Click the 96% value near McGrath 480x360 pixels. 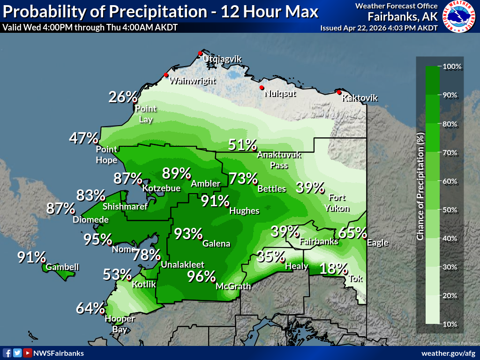[x=201, y=277]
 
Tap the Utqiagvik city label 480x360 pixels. [x=222, y=59]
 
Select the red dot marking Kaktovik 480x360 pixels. [x=339, y=92]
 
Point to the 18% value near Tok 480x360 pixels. [x=333, y=269]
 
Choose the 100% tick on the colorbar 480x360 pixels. [x=452, y=67]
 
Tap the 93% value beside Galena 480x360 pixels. [x=188, y=233]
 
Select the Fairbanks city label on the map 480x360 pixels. [x=319, y=242]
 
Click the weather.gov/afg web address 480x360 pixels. [x=448, y=353]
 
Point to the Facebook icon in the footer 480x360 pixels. [x=7, y=353]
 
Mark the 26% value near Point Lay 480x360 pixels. [x=123, y=97]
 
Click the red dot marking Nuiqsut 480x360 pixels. [x=262, y=88]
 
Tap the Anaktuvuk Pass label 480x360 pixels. [x=279, y=160]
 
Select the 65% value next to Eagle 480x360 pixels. [x=352, y=232]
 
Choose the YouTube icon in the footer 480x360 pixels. [x=28, y=353]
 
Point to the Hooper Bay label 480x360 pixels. [x=120, y=323]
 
